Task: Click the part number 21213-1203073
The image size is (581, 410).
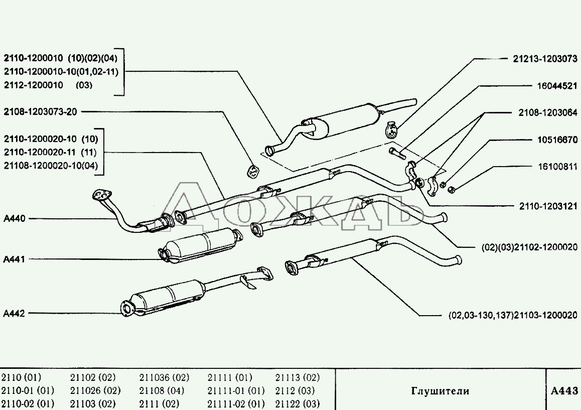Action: (x=545, y=59)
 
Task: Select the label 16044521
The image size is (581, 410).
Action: (x=556, y=86)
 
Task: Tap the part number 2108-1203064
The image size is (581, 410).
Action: (x=548, y=113)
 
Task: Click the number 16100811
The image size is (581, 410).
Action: (x=556, y=167)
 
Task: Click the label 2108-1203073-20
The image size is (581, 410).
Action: (x=40, y=111)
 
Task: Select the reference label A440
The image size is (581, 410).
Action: (x=14, y=219)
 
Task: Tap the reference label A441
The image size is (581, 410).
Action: (x=14, y=259)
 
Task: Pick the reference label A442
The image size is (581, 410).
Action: (x=14, y=313)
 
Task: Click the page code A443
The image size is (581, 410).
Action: (x=564, y=390)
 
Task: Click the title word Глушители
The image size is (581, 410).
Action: (x=440, y=391)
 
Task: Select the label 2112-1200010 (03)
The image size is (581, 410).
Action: (x=48, y=85)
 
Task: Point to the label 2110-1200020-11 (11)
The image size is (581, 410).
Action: (x=50, y=152)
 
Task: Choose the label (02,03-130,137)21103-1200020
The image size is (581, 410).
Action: (x=513, y=315)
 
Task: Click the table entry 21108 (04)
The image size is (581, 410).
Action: (x=162, y=390)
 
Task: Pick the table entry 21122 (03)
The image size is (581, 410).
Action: (x=298, y=403)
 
